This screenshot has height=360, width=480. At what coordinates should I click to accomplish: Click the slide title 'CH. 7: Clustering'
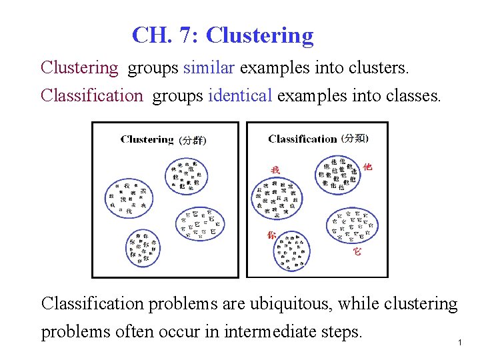coord(223,35)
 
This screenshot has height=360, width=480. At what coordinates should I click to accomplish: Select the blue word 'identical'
coord(240,95)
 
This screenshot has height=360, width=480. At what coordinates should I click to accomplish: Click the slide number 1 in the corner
coord(460,342)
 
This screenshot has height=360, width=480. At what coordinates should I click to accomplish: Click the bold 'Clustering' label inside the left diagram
coord(147,139)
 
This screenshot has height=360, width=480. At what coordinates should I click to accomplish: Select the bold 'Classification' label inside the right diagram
coord(302,139)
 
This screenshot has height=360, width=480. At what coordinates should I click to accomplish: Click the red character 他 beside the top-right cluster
coord(367,166)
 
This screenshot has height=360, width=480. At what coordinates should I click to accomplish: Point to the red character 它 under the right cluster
coord(357,252)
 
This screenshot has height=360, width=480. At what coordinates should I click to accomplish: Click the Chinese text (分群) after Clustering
coord(193,140)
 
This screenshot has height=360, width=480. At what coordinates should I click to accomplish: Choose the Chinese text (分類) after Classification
coord(355,138)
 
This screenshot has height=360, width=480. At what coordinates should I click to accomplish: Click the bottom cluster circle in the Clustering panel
coord(143,247)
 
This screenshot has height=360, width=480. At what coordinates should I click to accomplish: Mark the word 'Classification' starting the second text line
coord(92,95)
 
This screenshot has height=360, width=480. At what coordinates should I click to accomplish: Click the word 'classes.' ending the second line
coord(413,95)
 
